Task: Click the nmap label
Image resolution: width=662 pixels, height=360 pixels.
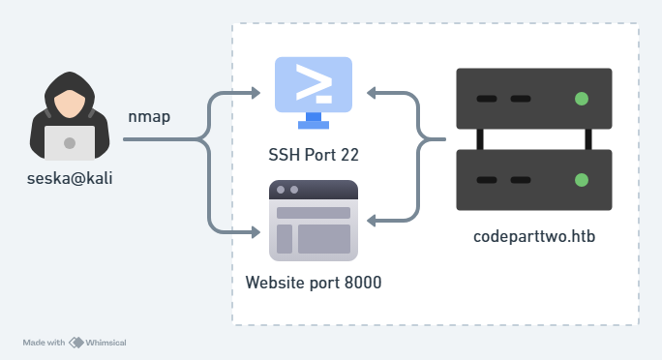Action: pos(149,117)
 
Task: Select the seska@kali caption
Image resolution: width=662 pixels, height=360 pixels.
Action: pos(70,178)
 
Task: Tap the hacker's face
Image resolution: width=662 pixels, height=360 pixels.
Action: pos(70,104)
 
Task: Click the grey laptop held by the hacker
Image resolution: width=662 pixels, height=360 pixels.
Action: pos(70,143)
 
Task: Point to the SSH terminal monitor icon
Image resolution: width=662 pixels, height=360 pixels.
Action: pos(314,93)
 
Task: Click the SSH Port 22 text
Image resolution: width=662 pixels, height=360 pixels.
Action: pos(314,155)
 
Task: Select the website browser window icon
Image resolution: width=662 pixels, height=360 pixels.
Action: pos(314,221)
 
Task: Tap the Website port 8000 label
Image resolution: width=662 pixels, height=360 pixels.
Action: pos(314,283)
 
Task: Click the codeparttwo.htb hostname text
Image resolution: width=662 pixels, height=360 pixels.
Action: pos(534,236)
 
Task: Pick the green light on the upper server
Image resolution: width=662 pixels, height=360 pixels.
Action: pos(582,99)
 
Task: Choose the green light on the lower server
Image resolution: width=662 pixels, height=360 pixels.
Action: pos(582,180)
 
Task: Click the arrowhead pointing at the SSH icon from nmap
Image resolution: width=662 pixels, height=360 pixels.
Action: pos(256,93)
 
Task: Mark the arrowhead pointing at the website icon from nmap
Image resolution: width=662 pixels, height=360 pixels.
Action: pos(256,232)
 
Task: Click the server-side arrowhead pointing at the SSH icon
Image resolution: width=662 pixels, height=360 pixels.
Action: pos(371,93)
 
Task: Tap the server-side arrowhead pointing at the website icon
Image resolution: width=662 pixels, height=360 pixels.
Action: pos(371,221)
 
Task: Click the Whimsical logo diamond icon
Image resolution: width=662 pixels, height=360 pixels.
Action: pos(76,343)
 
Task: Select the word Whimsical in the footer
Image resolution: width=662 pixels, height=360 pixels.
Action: pos(105,343)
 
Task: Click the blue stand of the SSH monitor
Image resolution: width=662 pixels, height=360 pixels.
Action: pos(314,121)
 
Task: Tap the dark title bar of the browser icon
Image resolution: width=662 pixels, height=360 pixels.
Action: pos(314,190)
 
